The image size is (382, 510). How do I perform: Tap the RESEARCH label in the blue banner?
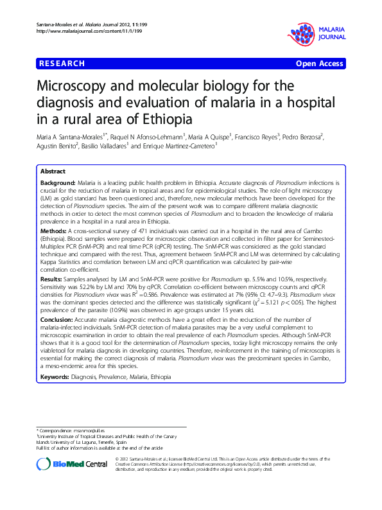tap(62, 64)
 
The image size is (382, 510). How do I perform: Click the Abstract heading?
tap(53, 172)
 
